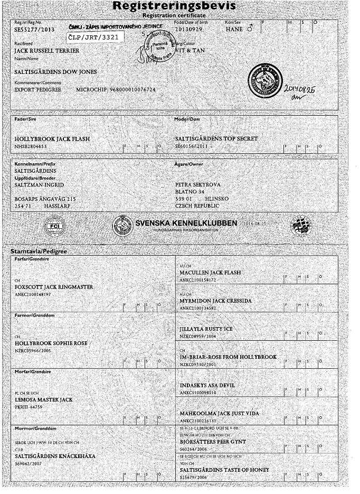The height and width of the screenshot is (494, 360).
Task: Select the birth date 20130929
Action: pyautogui.click(x=188, y=30)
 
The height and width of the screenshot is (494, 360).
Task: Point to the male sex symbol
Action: pyautogui.click(x=250, y=30)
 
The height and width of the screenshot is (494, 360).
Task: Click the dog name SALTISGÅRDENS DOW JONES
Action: pyautogui.click(x=56, y=72)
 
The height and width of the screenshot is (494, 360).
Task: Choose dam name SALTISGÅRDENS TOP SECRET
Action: pyautogui.click(x=216, y=138)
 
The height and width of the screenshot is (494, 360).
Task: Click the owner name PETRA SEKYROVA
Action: pyautogui.click(x=198, y=185)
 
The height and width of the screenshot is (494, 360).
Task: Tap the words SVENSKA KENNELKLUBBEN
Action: pyautogui.click(x=186, y=223)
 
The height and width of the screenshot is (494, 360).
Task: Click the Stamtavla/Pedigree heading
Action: pyautogui.click(x=39, y=251)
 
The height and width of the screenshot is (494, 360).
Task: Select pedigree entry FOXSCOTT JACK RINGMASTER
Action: pyautogui.click(x=54, y=287)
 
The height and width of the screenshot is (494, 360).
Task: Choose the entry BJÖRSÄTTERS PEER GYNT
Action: pyautogui.click(x=213, y=441)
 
